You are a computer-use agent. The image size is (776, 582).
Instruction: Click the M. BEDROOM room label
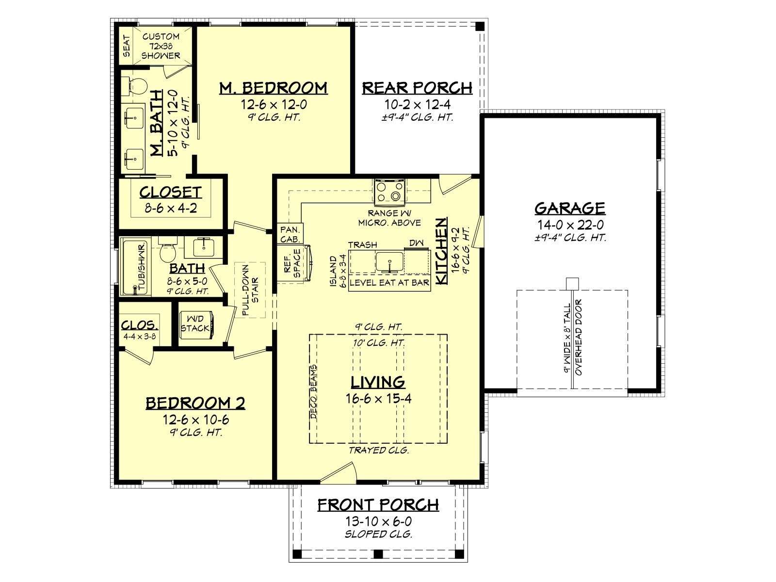coord(273,88)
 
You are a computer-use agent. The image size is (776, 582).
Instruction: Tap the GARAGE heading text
coord(569,208)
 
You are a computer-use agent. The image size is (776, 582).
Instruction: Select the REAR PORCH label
coord(417,88)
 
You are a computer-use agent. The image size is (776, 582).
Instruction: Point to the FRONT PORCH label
coord(378,505)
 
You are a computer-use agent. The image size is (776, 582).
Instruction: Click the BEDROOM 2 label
coord(195,403)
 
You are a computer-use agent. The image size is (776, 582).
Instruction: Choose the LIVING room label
coord(378,382)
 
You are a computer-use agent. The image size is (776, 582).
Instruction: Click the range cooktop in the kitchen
coord(390,192)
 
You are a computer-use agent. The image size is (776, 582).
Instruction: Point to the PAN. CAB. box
coord(290,234)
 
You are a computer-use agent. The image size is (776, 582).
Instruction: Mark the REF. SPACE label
coord(292,264)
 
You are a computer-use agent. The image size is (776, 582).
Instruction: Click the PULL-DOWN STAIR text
coord(250,290)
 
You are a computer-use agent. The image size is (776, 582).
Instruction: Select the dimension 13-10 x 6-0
coord(378,521)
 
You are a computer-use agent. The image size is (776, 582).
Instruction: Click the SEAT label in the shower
coord(126,46)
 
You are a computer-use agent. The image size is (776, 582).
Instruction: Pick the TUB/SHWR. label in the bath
coord(142,268)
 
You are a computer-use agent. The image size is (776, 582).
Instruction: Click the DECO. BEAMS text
coord(314,391)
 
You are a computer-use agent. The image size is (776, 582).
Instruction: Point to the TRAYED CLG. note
coord(379,450)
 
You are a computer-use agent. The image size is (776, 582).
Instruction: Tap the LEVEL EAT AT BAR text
coord(389,283)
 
